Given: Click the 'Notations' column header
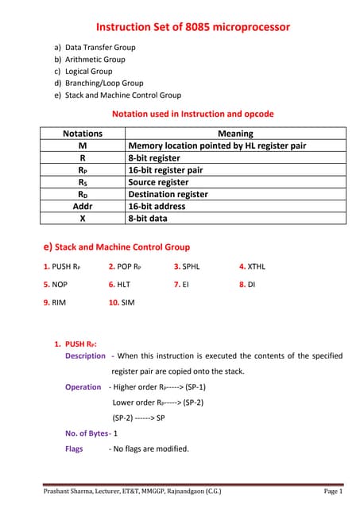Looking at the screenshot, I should click(x=83, y=134).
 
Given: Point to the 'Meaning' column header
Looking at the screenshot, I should click(x=235, y=134).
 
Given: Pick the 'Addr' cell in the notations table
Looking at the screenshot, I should click(x=83, y=206).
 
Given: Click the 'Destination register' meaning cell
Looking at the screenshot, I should click(x=168, y=194).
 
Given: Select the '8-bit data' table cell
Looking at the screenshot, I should click(x=148, y=218).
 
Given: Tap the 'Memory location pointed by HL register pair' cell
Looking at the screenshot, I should click(x=217, y=146).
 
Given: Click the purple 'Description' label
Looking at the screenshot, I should click(x=85, y=356).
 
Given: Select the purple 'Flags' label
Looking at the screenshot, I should click(x=74, y=449).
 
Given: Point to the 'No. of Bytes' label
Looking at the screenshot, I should click(x=88, y=433).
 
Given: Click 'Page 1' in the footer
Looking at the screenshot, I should click(x=333, y=492).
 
